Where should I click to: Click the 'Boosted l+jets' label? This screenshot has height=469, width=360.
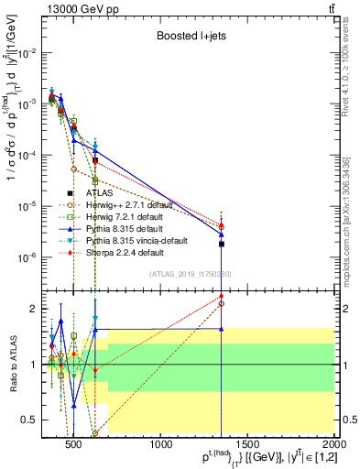pos(191,36)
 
